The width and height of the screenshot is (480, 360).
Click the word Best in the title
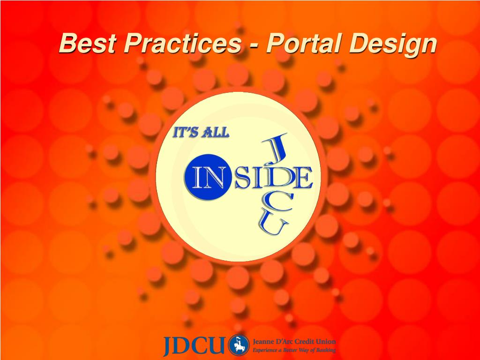click(88, 43)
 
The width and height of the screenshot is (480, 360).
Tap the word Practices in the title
click(183, 43)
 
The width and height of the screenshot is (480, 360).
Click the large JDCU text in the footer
click(194, 345)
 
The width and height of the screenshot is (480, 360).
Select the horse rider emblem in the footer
click(239, 345)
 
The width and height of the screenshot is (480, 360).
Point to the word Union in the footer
click(329, 341)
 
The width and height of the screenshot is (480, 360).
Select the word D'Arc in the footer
click(285, 341)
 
